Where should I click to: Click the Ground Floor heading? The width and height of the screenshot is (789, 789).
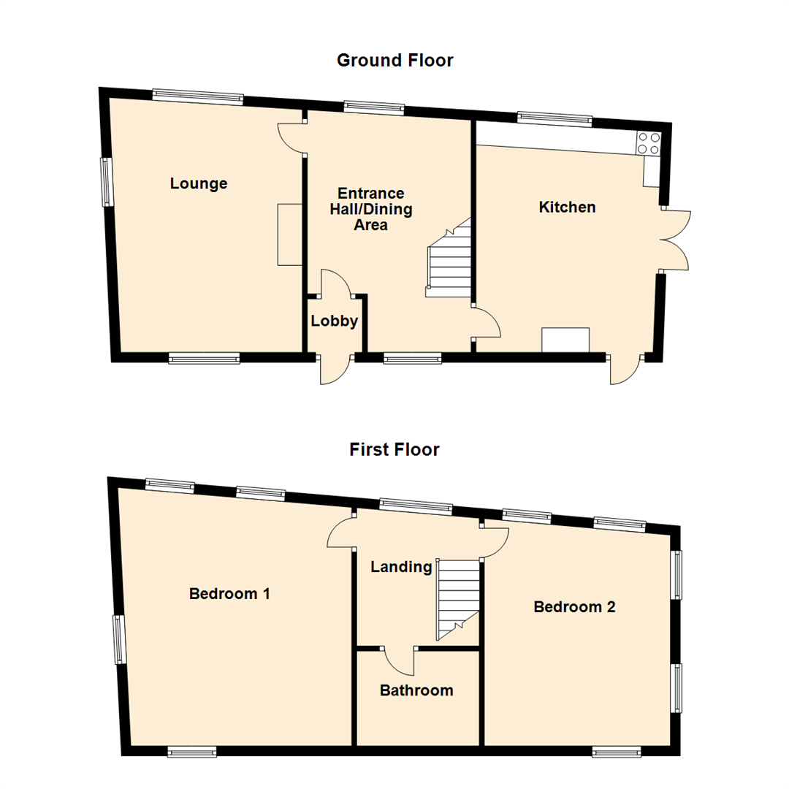[394, 61]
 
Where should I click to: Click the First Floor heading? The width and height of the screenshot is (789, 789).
[394, 449]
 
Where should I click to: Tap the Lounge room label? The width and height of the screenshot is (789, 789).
[199, 183]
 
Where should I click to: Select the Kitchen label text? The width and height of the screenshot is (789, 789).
[567, 207]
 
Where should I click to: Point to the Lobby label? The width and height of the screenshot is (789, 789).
[335, 321]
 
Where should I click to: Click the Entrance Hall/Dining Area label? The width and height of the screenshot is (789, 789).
[370, 209]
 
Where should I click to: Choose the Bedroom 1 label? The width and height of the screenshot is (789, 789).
[229, 593]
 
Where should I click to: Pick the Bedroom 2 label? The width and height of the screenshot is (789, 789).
[574, 606]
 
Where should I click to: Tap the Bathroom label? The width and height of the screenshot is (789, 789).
[416, 690]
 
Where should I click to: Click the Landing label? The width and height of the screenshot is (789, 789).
[401, 567]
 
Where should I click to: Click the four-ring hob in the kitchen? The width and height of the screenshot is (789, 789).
[648, 143]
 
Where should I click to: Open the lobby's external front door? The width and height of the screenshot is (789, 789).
[335, 370]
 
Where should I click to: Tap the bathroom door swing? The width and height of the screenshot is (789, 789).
[400, 660]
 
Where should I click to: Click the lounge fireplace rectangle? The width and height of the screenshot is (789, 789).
[289, 235]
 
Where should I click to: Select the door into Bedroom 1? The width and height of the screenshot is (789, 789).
[340, 531]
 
